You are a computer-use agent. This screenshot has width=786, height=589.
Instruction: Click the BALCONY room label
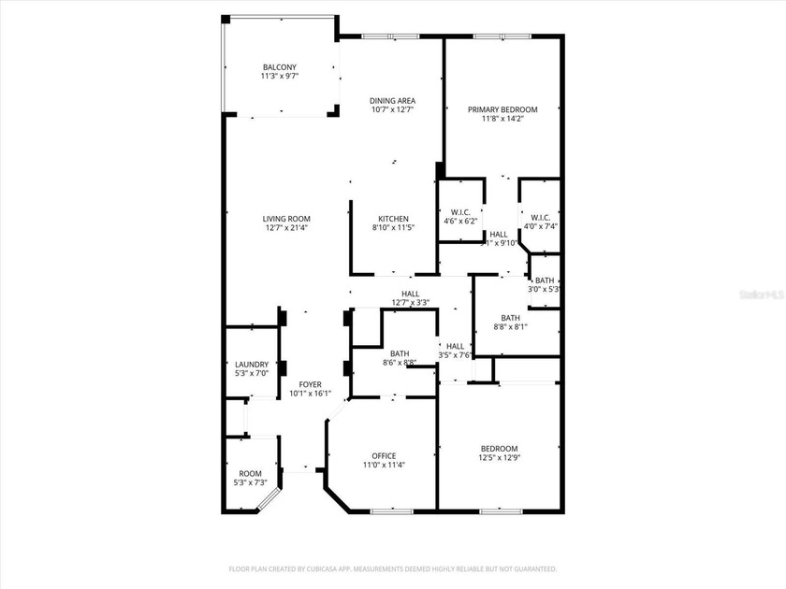[x=280, y=66]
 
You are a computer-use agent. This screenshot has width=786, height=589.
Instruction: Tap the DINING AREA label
[x=392, y=101]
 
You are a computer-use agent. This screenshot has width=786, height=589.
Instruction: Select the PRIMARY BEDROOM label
[x=502, y=109]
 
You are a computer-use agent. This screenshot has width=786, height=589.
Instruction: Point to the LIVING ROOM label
[x=285, y=219]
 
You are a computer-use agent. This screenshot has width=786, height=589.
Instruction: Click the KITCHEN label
[x=393, y=219]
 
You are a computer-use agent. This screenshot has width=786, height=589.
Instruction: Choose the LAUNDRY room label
[x=251, y=365]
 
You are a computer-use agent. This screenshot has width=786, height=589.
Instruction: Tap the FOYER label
[x=310, y=384]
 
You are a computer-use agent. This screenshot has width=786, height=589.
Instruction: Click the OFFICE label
[x=384, y=456]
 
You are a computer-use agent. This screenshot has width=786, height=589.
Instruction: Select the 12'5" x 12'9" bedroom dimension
[x=498, y=458]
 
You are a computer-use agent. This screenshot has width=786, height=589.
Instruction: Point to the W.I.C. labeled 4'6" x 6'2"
[x=459, y=211]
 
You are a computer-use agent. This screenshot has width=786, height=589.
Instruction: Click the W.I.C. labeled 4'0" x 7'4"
[x=539, y=211]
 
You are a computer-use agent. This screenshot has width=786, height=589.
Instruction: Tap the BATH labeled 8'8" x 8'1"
[x=510, y=317]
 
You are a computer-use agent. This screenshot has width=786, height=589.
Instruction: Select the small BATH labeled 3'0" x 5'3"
[x=544, y=280]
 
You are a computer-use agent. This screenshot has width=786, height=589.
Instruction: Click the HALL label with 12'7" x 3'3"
[x=410, y=294]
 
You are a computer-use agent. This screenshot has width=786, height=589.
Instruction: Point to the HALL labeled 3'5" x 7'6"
[x=455, y=346]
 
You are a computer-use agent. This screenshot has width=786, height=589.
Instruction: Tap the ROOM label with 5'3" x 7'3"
[x=250, y=473]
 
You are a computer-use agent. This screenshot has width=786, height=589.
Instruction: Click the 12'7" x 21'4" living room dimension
[x=285, y=227]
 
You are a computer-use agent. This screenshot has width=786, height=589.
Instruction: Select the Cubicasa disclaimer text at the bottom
[x=393, y=568]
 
